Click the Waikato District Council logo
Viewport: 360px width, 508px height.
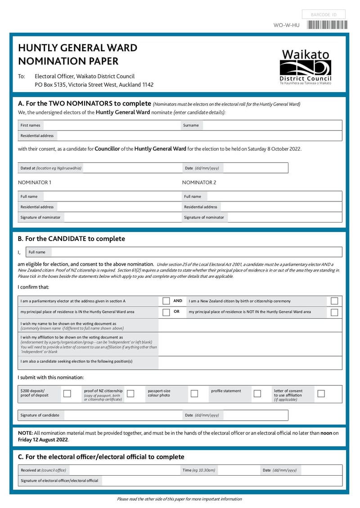click(306, 67)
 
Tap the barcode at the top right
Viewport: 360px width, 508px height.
click(327, 25)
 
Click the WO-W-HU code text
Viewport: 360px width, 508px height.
click(286, 26)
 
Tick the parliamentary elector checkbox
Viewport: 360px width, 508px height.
click(166, 301)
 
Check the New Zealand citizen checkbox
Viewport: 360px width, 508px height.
click(334, 301)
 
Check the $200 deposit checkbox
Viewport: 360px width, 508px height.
click(67, 393)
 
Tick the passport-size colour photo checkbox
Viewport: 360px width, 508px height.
click(194, 393)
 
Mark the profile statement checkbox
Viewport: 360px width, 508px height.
click(257, 393)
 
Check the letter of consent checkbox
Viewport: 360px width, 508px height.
click(321, 393)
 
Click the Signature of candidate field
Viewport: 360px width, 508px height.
click(121, 415)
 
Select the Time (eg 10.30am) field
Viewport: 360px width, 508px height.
click(238, 470)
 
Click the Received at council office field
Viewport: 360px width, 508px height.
click(124, 470)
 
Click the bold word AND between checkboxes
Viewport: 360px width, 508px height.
click(178, 301)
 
